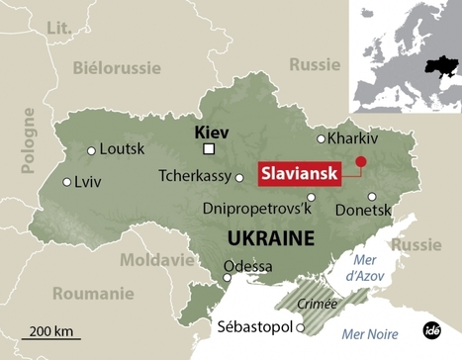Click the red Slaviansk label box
pos(298,172)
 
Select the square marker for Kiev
pos(209,149)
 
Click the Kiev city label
pos(211,130)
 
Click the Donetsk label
pos(364,211)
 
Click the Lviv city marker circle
pos(67,182)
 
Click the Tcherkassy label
pos(194,176)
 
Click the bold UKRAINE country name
pos(270,238)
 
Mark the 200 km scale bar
pos(50,339)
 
